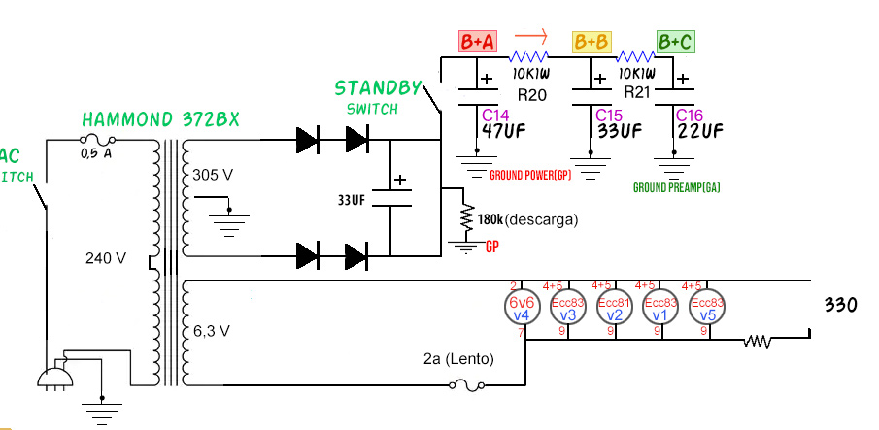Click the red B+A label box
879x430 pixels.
click(478, 42)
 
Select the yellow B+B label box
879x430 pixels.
click(592, 42)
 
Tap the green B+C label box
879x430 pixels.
click(676, 42)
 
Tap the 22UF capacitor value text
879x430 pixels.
click(699, 131)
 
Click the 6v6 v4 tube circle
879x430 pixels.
click(521, 308)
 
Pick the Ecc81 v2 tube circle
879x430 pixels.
click(614, 308)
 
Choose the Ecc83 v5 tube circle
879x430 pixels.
click(707, 308)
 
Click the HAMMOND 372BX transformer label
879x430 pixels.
click(160, 119)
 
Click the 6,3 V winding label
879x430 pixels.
click(211, 331)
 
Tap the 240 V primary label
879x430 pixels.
click(106, 258)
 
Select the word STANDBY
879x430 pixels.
click(379, 88)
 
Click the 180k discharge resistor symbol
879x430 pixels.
click(467, 217)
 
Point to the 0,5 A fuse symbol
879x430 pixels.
click(94, 140)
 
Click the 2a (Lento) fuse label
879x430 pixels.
click(458, 359)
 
